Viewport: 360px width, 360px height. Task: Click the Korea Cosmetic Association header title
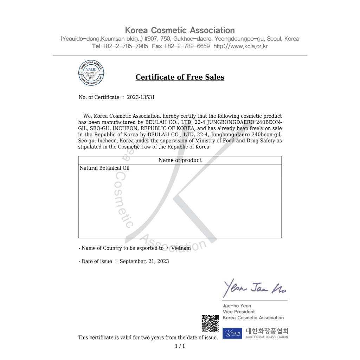(180, 30)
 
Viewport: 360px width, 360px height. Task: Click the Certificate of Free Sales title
(180, 77)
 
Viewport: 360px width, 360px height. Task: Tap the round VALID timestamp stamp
(91, 73)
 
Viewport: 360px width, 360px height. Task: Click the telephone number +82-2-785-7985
(125, 46)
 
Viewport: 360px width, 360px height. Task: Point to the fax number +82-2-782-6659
(187, 46)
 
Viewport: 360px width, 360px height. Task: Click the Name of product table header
(180, 160)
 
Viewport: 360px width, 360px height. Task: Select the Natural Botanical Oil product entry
(104, 168)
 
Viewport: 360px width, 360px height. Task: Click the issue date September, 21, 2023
(144, 261)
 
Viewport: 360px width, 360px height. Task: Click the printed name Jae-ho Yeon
(237, 306)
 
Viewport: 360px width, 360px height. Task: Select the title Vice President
(239, 312)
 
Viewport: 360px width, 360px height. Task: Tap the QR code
(210, 324)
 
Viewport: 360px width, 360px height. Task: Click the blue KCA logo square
(232, 333)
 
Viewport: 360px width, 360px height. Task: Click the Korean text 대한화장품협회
(267, 331)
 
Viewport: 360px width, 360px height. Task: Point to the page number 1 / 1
(180, 346)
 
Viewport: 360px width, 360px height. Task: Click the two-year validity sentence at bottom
(148, 338)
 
